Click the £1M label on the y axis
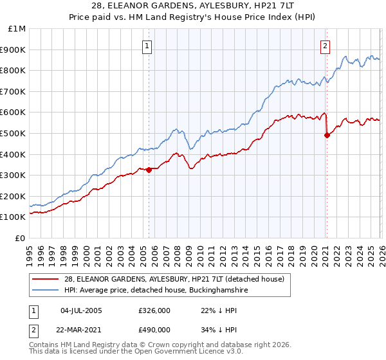17,29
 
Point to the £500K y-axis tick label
14,134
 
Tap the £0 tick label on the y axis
21,238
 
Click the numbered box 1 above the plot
148,46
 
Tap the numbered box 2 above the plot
326,46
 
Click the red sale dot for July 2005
149,170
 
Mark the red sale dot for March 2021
327,136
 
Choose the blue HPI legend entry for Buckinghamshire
155,291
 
